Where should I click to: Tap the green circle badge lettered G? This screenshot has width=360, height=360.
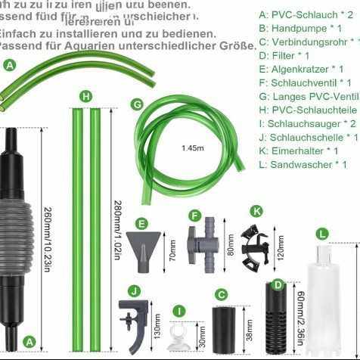[x=137, y=104]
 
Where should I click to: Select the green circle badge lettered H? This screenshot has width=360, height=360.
[x=85, y=96]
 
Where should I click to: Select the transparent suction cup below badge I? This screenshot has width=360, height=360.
[x=178, y=336]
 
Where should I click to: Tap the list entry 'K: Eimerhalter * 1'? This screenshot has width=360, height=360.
[x=301, y=151]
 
